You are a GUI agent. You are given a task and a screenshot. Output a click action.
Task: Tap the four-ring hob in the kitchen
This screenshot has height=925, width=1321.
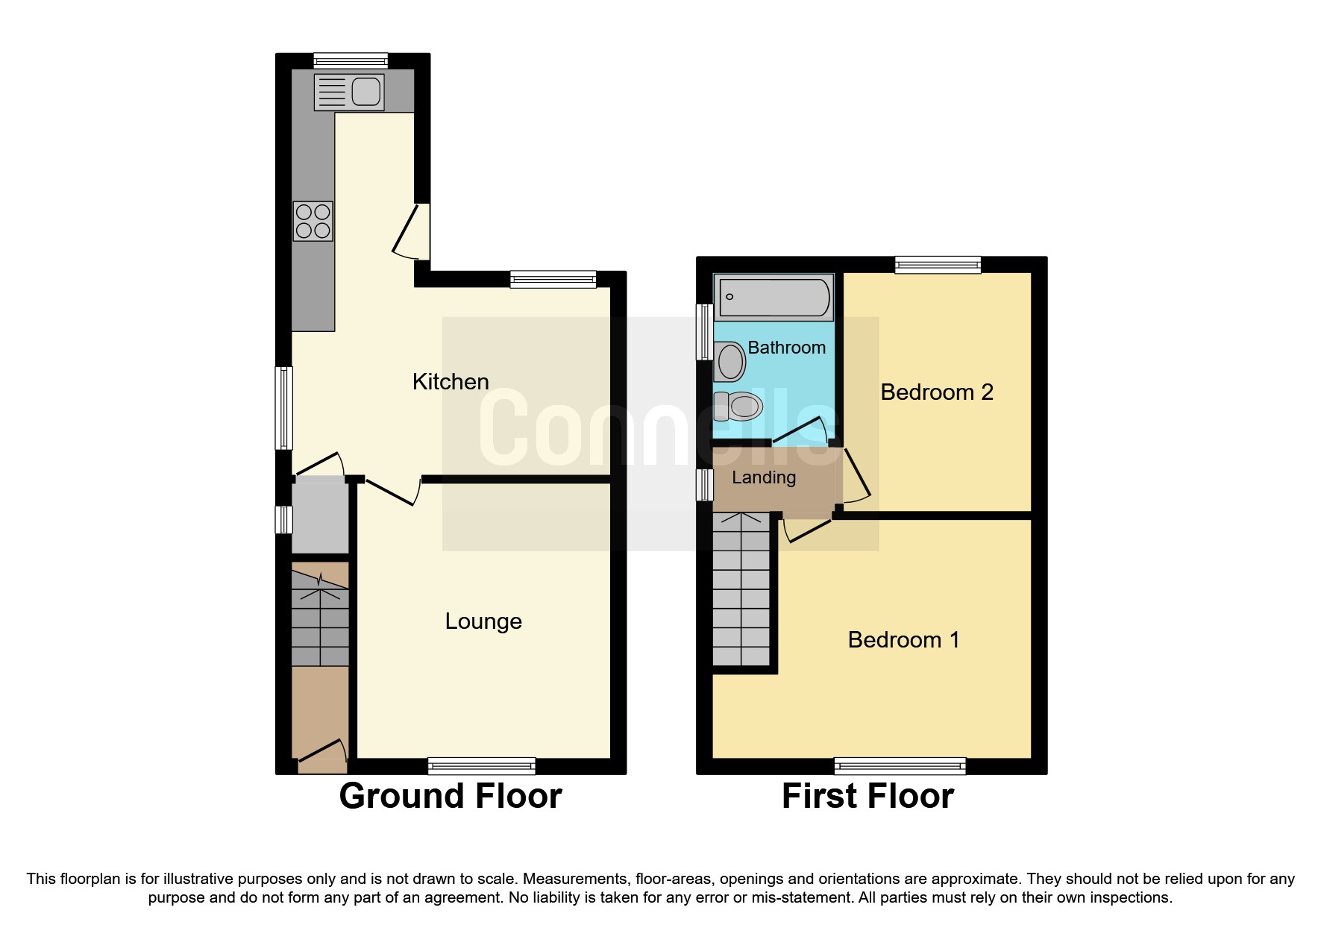tap(313, 221)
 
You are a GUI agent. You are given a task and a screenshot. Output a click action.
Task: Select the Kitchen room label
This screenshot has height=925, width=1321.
tap(451, 382)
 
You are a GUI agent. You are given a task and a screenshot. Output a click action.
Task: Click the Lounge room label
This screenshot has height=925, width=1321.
tap(483, 621)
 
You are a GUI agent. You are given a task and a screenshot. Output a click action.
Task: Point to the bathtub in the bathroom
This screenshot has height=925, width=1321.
tap(773, 297)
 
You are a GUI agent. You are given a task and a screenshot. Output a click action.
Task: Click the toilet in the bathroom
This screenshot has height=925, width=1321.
tap(739, 407)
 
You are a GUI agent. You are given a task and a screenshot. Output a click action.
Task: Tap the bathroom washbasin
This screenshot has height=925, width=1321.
tap(729, 362)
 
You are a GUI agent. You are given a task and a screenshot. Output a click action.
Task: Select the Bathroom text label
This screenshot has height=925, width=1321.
tap(786, 348)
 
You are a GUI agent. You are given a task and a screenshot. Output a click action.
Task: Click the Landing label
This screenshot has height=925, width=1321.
tap(763, 477)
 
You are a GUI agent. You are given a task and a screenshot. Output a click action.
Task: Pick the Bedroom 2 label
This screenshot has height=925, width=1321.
tap(937, 392)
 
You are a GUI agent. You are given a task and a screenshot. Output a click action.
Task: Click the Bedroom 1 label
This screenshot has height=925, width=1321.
tap(903, 640)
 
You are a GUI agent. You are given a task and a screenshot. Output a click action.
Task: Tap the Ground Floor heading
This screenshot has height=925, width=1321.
tap(451, 796)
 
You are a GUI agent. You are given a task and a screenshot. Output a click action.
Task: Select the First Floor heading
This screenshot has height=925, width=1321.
tap(867, 796)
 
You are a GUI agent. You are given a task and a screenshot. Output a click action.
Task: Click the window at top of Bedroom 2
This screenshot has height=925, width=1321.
tap(938, 264)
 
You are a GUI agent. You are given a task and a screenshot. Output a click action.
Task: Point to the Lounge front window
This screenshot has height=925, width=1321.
tap(482, 765)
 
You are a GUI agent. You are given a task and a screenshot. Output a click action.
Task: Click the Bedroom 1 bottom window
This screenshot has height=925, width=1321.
tap(900, 765)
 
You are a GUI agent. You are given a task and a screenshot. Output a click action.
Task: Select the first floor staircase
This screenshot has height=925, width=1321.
tap(741, 589)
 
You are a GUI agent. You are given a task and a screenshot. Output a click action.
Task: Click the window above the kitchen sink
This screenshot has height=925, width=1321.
tap(351, 60)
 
